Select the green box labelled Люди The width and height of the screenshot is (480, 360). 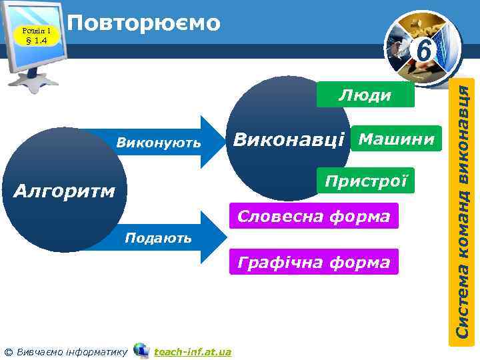click(x=365, y=95)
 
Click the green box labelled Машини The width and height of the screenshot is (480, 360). click(x=396, y=139)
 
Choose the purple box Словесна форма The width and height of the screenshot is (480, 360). click(x=313, y=216)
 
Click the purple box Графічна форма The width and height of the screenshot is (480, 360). click(x=313, y=262)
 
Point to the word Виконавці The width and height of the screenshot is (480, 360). click(x=288, y=140)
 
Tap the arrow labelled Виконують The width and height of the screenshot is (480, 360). click(x=167, y=142)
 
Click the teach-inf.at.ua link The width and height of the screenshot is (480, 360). click(x=192, y=351)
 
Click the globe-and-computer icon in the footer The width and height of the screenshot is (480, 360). click(x=141, y=350)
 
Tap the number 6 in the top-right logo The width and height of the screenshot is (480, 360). click(x=422, y=51)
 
